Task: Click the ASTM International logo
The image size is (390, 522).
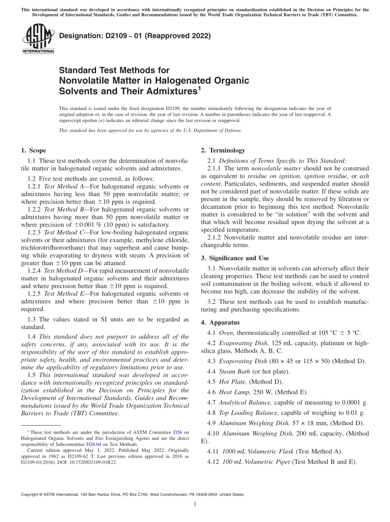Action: click(x=38, y=39)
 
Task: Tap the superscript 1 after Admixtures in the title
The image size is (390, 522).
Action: click(x=200, y=89)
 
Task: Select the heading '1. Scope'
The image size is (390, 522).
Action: click(x=33, y=151)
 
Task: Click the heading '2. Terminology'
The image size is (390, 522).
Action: click(x=223, y=151)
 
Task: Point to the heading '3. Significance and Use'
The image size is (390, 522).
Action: click(x=235, y=258)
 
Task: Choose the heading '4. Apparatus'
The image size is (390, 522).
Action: click(x=220, y=323)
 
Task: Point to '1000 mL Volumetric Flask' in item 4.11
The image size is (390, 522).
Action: click(x=258, y=451)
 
